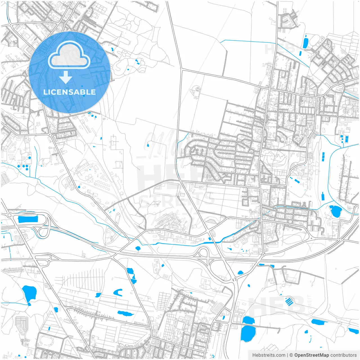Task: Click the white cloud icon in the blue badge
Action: point(69,55)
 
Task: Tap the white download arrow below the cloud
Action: point(66,77)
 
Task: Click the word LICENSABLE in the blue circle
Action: point(69,92)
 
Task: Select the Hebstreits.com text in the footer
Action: point(269,355)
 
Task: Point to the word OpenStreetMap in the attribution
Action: point(311,355)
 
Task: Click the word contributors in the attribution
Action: point(343,355)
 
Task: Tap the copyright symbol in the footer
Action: point(291,355)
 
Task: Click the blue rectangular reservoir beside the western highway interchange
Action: point(28,219)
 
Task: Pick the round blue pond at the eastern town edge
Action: point(335,211)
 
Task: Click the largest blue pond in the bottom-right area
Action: point(248,334)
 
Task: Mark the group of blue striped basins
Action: point(289,301)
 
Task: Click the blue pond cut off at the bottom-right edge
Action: point(353,331)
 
